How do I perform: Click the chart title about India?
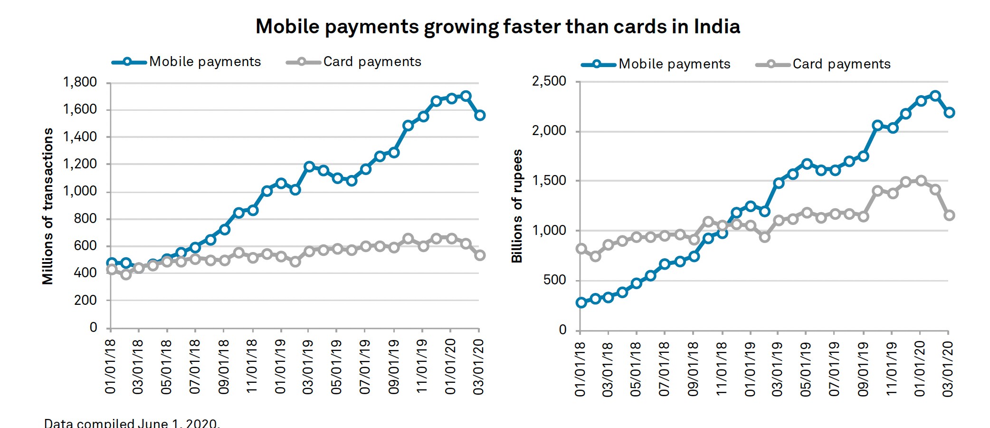(497, 27)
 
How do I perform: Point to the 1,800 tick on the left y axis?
(80, 82)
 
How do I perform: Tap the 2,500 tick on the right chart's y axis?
(549, 81)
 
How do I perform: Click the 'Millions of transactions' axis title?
(48, 206)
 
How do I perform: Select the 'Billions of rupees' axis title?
(517, 206)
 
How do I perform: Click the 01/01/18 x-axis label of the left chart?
(111, 367)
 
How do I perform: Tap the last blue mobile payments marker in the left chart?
(480, 115)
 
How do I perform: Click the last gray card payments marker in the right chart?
(949, 215)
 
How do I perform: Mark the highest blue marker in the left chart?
(466, 96)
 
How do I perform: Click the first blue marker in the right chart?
(581, 302)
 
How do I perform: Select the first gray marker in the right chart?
(581, 249)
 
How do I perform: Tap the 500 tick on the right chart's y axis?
(555, 280)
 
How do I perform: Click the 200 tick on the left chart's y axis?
(86, 300)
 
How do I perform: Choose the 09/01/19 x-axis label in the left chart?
(394, 367)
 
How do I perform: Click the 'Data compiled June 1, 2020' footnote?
(132, 423)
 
